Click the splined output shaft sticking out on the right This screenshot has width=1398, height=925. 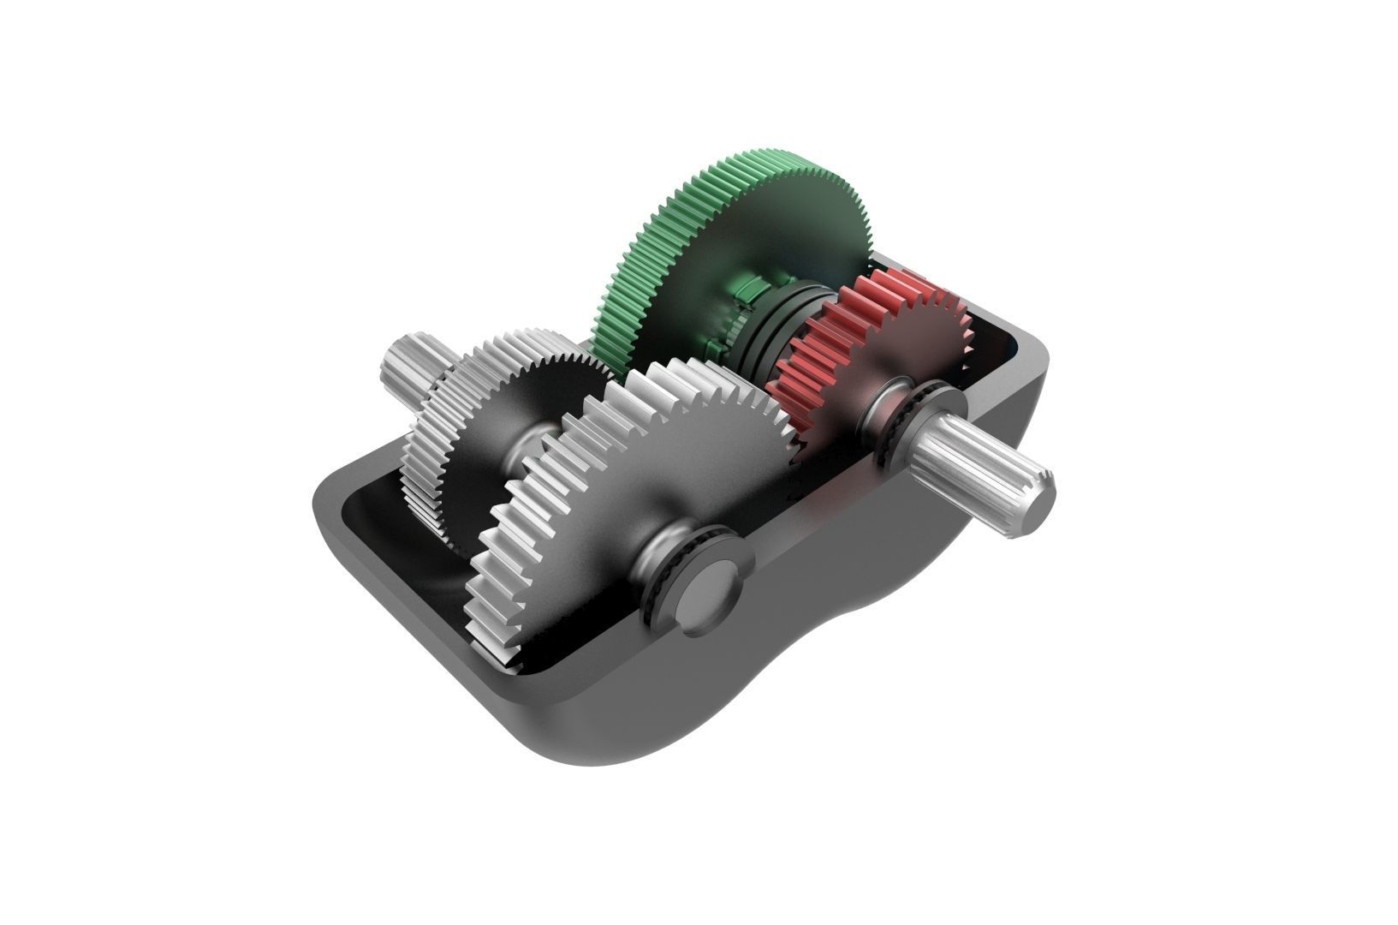point(985,462)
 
